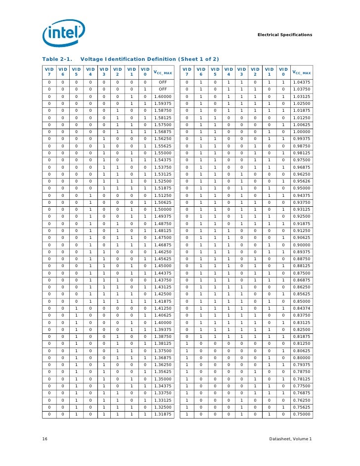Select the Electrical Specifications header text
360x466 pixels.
(285, 35)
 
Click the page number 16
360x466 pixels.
(45, 439)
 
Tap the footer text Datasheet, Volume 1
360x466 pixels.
(290, 439)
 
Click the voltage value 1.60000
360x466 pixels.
(162, 97)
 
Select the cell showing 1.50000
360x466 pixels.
(162, 210)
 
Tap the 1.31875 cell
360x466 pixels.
(162, 414)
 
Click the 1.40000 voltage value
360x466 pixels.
(162, 322)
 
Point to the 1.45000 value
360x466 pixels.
(162, 266)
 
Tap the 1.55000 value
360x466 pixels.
(162, 153)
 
